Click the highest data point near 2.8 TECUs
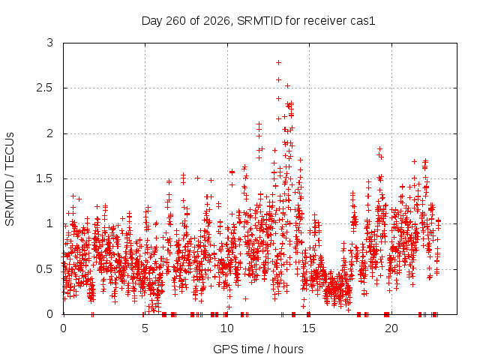tap(278, 63)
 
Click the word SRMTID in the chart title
tap(259, 21)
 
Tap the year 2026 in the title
tap(217, 21)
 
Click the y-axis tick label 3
tap(50, 43)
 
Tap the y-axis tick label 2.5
tap(45, 88)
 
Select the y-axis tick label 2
tap(50, 133)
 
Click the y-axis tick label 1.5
tap(45, 178)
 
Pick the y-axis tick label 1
tap(50, 223)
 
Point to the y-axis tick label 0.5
tap(45, 269)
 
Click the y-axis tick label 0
tap(50, 314)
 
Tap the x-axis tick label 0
tap(63, 328)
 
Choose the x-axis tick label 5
tap(145, 328)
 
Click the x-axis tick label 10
tap(227, 328)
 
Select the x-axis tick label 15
tap(309, 328)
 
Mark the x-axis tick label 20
tap(391, 328)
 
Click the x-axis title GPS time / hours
tap(258, 349)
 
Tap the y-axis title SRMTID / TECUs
tap(10, 179)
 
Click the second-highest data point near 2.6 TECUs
tap(278, 80)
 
